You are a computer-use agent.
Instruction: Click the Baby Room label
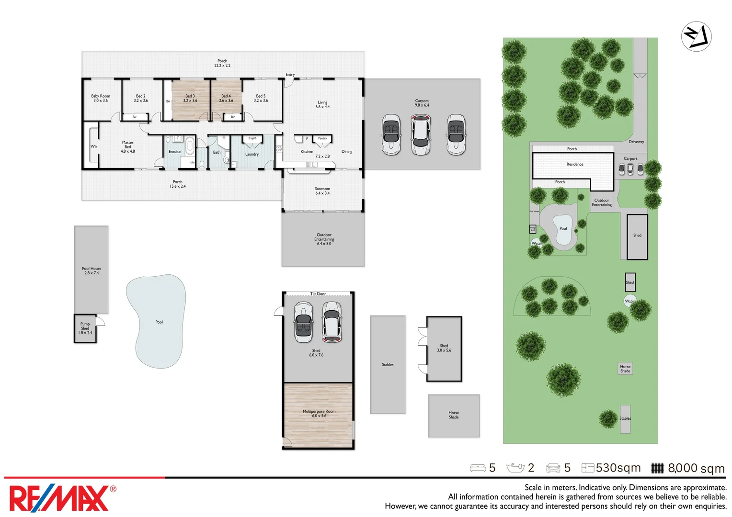101,98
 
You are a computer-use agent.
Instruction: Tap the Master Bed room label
127,146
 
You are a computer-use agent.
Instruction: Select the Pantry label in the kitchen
322,138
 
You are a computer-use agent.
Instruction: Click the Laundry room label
252,154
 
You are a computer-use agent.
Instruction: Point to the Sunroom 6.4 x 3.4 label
322,191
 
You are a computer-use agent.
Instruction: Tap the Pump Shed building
85,328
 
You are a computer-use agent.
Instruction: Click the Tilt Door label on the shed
318,294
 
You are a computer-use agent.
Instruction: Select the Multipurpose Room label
319,414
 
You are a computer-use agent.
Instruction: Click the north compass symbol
696,36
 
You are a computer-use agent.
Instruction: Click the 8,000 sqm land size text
696,468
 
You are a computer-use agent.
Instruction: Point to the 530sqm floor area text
618,468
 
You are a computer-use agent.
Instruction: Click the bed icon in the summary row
478,468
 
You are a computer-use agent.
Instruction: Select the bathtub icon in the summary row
515,468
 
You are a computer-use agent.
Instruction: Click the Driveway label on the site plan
636,142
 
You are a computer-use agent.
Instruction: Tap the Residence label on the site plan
575,164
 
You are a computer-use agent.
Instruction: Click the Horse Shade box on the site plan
625,369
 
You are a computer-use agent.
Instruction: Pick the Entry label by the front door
290,75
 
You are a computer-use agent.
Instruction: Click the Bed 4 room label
226,98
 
